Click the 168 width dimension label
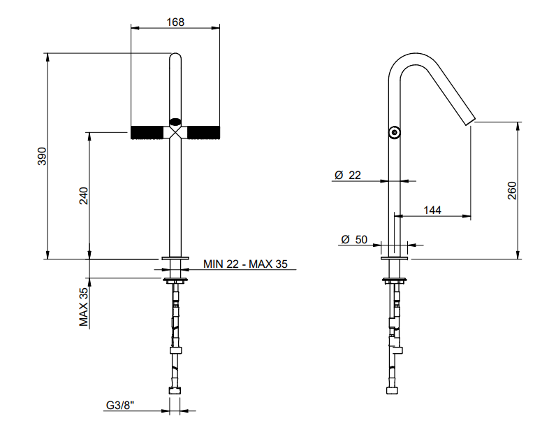175,22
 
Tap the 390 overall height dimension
42,156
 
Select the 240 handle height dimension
84,196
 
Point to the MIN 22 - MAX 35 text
245,264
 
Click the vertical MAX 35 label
84,307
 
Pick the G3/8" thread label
120,405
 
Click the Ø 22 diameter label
348,175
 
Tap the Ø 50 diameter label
354,240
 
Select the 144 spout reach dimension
432,210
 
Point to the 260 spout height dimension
512,191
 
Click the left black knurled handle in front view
147,132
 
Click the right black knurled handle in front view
203,132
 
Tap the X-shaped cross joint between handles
175,132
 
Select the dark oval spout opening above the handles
175,122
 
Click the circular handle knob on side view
394,132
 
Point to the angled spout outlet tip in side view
470,122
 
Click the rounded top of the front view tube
175,56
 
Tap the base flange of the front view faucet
175,258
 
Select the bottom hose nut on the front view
175,390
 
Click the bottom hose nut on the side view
392,390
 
